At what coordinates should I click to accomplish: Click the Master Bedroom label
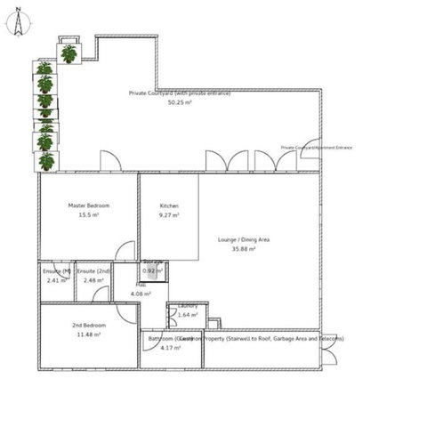tap(88, 205)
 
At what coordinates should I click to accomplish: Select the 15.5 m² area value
tap(88, 215)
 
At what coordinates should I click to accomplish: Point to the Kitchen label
tap(169, 205)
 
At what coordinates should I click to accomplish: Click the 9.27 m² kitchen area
tap(169, 215)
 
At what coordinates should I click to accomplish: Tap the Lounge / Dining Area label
tap(244, 240)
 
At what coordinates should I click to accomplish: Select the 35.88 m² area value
tap(244, 250)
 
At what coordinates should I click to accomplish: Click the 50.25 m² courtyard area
tap(181, 102)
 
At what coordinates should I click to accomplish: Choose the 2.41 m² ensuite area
tap(56, 281)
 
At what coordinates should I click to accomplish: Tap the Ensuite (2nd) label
tap(93, 270)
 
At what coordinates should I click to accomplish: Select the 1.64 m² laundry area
tap(188, 315)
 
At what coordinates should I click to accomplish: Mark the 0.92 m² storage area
tap(153, 270)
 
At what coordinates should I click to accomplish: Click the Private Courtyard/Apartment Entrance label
tap(316, 148)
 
